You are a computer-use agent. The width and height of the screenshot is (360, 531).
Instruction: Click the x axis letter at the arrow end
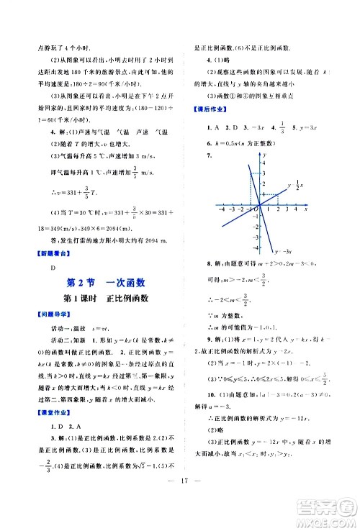pos(307,210)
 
